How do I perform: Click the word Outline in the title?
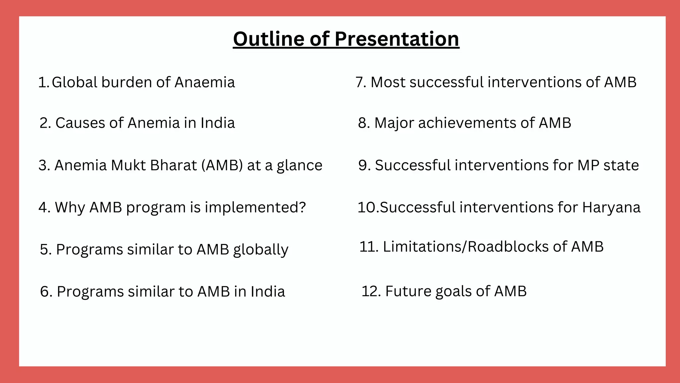point(269,39)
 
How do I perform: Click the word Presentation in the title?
point(397,39)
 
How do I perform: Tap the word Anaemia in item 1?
point(205,82)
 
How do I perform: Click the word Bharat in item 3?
point(173,165)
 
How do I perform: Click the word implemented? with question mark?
point(255,207)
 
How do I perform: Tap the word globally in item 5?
point(261,250)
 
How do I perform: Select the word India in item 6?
point(268,292)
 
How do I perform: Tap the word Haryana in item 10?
point(611,207)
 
